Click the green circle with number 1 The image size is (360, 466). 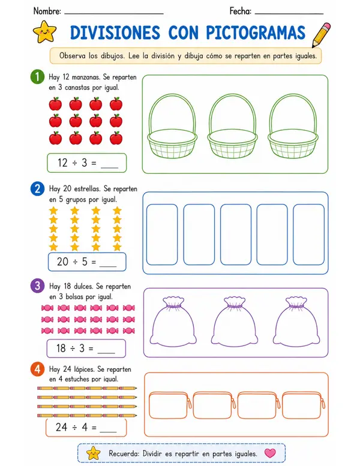37,77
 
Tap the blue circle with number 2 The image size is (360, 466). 37,189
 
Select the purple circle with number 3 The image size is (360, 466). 37,285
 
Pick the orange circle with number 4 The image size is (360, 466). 37,369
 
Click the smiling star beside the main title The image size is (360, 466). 44,32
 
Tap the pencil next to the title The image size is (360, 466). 321,35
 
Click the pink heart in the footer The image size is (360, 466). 270,453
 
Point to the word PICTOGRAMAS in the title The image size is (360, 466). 256,32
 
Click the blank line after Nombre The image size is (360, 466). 114,14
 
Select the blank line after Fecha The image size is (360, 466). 289,14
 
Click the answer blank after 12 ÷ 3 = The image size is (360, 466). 110,168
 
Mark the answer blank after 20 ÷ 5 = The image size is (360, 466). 108,266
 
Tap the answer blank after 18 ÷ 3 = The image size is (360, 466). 106,353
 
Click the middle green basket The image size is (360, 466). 232,126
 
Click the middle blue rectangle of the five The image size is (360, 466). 236,234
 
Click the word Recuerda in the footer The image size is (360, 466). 124,453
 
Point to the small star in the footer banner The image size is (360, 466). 94,453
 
